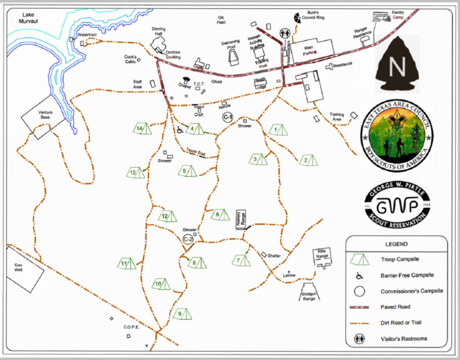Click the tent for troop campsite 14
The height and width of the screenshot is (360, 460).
point(141,129)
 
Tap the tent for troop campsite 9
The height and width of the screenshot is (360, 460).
point(181,313)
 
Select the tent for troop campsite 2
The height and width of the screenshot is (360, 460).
point(307,160)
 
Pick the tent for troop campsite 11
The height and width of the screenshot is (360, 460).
point(126,263)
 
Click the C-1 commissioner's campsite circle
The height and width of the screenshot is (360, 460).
point(228,118)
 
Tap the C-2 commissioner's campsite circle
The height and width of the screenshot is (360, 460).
point(187,239)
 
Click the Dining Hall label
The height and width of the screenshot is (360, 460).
point(158,31)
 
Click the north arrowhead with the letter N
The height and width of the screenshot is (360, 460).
point(397,64)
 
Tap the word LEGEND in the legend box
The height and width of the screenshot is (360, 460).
point(397,244)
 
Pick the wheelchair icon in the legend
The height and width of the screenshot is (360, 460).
point(359,276)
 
